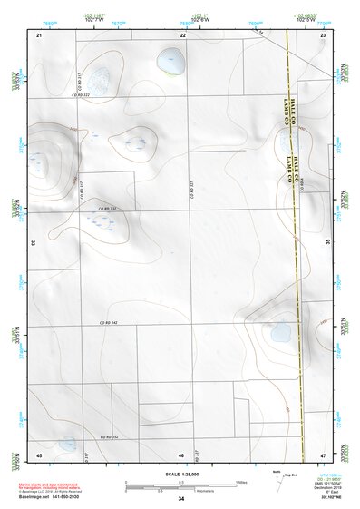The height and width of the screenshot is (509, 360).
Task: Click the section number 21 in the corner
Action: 39,34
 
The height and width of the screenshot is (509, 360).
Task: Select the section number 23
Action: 324,34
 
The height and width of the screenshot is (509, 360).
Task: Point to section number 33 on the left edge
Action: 34,243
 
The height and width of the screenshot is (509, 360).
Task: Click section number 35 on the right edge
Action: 327,242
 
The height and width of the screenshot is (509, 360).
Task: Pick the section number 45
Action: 39,454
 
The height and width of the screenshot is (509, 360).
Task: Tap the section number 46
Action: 181,455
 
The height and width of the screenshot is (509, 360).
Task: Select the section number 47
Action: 324,454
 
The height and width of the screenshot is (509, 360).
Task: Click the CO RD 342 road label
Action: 109,323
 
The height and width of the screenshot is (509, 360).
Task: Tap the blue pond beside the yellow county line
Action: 278,333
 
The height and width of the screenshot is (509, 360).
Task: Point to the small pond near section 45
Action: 69,445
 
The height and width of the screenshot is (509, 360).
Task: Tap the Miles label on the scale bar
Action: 241,482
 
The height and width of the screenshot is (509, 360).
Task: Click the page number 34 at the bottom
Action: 181,499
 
